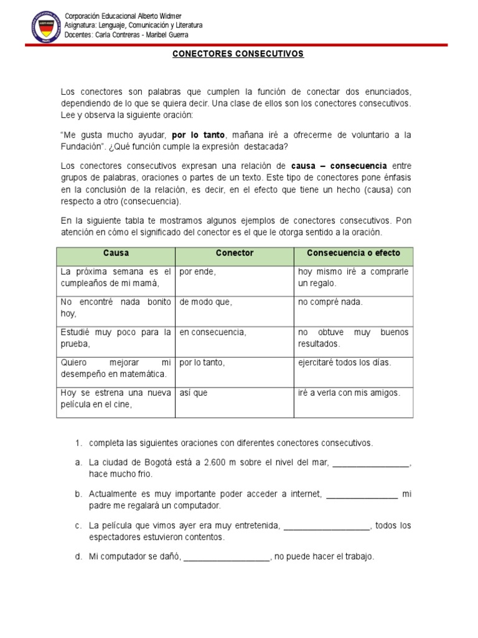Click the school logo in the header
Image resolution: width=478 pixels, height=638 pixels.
coord(45,26)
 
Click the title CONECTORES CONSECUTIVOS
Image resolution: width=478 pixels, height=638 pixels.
coord(238,54)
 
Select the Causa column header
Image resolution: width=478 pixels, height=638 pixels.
coord(116,254)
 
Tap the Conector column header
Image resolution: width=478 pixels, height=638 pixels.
coord(234,254)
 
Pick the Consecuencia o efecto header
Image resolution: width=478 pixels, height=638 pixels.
coord(353,254)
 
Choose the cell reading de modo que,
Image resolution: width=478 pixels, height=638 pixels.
coord(205,302)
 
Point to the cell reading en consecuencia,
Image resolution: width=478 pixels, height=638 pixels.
coord(213,332)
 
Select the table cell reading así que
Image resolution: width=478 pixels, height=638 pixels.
coord(194,393)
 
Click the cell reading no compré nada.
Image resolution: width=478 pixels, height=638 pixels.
coord(330,302)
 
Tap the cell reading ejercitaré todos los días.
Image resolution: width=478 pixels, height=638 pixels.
coord(345,363)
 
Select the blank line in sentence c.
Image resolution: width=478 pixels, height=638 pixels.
coord(326,526)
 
